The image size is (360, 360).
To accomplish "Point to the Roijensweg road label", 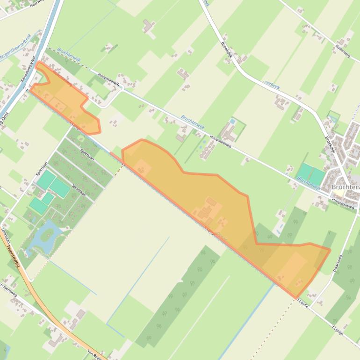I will point(8,289).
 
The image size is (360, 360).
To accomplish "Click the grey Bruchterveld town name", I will point(345,187).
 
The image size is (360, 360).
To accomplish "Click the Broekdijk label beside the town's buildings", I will point(330,144).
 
